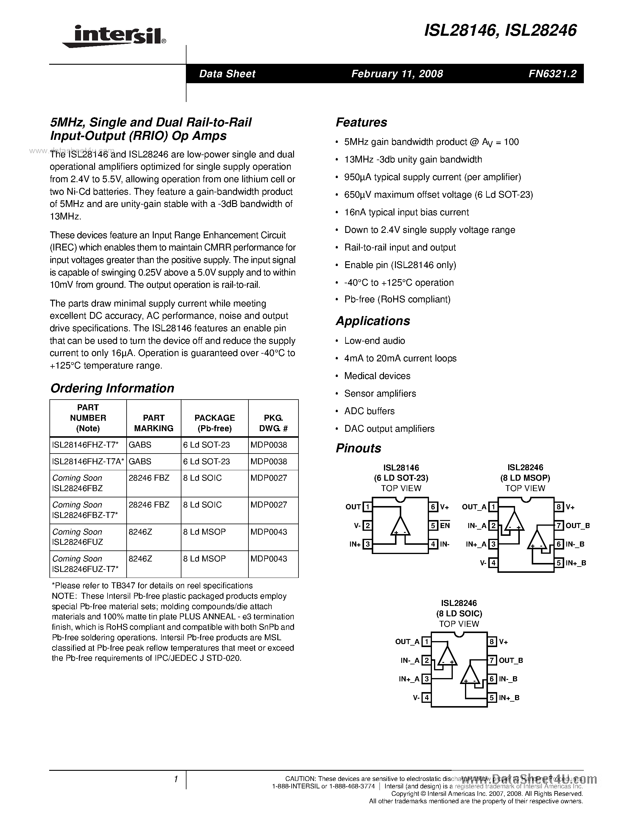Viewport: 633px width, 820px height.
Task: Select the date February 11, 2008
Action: pyautogui.click(x=397, y=74)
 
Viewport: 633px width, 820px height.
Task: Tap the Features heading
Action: pyautogui.click(x=361, y=122)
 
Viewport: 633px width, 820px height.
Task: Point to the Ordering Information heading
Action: pyautogui.click(x=112, y=388)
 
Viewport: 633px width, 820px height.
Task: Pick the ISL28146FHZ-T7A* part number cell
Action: pyautogui.click(x=88, y=462)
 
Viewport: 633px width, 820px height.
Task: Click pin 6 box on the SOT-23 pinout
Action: pyautogui.click(x=433, y=507)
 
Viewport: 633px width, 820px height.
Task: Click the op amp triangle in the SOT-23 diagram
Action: pyautogui.click(x=400, y=526)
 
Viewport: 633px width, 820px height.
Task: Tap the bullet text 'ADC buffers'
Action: pyautogui.click(x=369, y=411)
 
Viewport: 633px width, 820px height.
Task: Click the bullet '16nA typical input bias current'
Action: pyautogui.click(x=407, y=213)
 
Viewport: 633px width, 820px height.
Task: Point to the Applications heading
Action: pyautogui.click(x=373, y=321)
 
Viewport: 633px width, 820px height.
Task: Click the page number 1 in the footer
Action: pyautogui.click(x=175, y=779)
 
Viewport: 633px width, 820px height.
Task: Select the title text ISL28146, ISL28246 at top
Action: pyautogui.click(x=500, y=30)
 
